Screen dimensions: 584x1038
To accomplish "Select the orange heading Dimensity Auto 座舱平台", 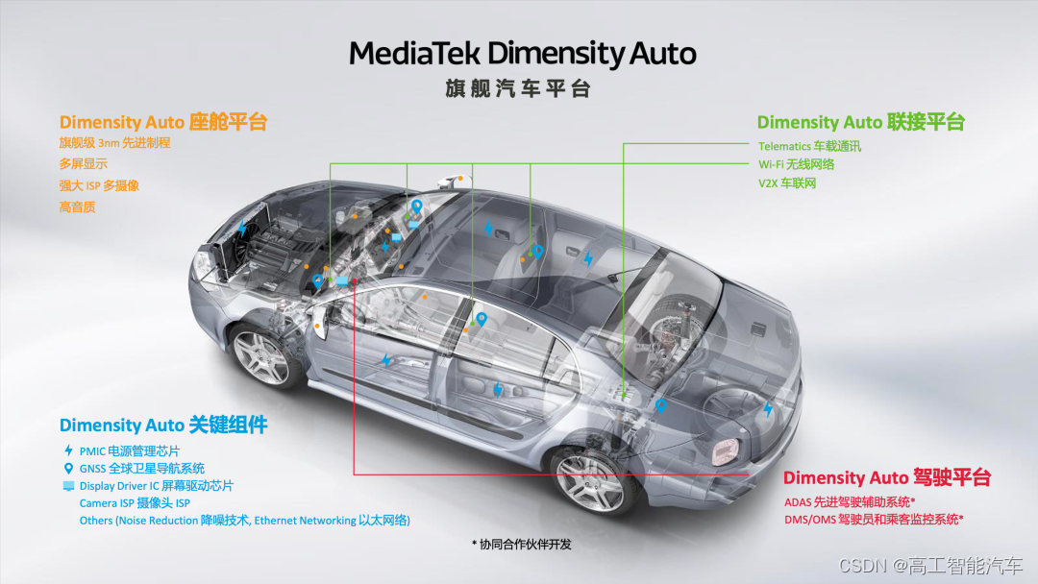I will (x=162, y=122).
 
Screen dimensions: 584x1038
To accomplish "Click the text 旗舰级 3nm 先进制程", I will (x=114, y=143).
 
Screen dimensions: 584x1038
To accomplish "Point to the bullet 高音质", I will (x=78, y=207).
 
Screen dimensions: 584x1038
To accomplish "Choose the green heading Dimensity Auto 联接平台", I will (x=860, y=122).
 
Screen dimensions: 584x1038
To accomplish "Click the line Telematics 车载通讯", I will (x=809, y=146).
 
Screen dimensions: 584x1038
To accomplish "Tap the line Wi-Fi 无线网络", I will (x=796, y=164).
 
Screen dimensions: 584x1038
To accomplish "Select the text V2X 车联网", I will (x=787, y=182).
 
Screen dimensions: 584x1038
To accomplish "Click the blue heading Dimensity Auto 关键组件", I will (x=163, y=425).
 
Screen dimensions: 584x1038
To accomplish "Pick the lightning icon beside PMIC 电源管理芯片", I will (x=67, y=450).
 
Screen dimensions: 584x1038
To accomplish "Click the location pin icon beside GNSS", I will (x=67, y=469).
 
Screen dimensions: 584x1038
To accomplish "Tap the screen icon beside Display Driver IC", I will (x=67, y=486).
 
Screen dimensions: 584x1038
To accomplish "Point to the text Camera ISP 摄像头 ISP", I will (x=135, y=503).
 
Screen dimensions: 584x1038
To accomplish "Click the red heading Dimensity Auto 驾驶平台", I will (x=886, y=478).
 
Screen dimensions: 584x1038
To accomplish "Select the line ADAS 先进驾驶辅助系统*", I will (x=850, y=502).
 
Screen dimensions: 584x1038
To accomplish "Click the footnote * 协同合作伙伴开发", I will (x=522, y=544).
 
